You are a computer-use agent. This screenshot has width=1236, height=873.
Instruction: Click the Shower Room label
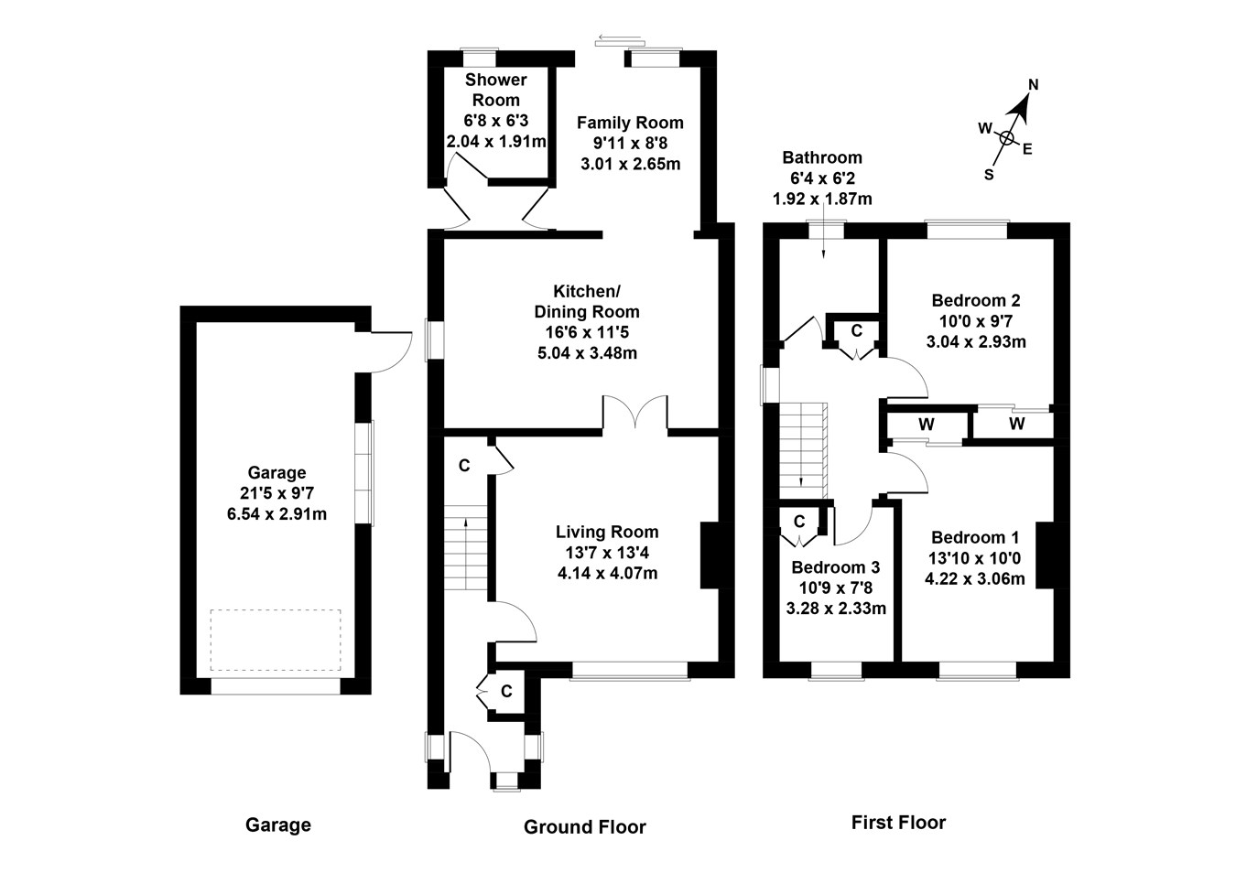(495, 90)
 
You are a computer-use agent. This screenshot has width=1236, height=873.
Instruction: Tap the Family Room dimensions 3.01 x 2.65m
(630, 165)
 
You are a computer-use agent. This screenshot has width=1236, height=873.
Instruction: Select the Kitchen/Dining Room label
(588, 301)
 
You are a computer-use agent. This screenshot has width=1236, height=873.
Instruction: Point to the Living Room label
(607, 532)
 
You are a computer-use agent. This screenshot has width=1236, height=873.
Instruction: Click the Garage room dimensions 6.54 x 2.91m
(276, 513)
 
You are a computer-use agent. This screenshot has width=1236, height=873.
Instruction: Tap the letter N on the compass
(1033, 85)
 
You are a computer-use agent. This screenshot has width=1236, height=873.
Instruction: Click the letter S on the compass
(989, 175)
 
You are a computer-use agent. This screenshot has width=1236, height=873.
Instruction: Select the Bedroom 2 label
(976, 300)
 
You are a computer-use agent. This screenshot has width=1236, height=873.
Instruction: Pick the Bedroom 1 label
(975, 537)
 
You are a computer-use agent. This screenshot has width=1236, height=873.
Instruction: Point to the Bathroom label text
(821, 157)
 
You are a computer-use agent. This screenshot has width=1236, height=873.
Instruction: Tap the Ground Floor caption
(584, 827)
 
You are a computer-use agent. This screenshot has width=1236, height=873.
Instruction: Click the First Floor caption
(897, 823)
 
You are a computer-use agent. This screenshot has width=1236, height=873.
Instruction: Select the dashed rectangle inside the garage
(275, 641)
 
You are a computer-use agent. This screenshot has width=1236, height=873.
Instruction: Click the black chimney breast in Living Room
(710, 555)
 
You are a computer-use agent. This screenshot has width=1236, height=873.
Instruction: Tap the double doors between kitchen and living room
(634, 412)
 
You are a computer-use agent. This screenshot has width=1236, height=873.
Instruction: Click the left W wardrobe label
(927, 425)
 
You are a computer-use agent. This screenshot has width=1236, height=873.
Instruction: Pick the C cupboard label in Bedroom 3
(799, 522)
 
